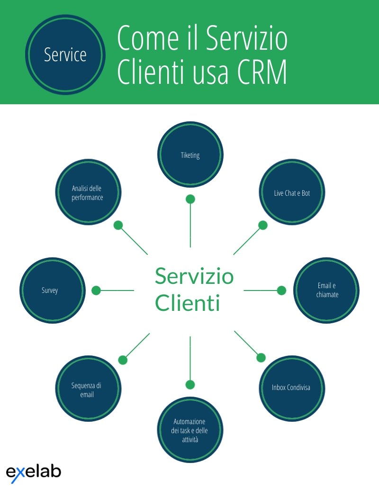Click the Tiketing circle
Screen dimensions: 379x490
pyautogui.click(x=190, y=154)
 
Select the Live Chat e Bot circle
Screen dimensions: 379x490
pyautogui.click(x=292, y=192)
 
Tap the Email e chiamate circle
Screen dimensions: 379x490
pyautogui.click(x=326, y=290)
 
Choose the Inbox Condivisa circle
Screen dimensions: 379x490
pyautogui.click(x=292, y=389)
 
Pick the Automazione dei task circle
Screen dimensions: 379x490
pyautogui.click(x=190, y=430)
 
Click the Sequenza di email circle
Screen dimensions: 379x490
pyautogui.click(x=89, y=389)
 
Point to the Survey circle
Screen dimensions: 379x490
pyautogui.click(x=53, y=290)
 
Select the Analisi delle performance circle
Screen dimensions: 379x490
pyautogui.click(x=89, y=192)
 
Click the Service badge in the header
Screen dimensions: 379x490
pyautogui.click(x=65, y=54)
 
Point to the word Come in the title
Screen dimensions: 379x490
pyautogui.click(x=148, y=38)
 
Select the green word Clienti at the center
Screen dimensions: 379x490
pyautogui.click(x=188, y=303)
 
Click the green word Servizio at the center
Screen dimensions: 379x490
pyautogui.click(x=194, y=276)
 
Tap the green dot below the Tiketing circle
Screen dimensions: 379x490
pyautogui.click(x=190, y=199)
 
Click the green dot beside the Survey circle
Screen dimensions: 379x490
pyautogui.click(x=96, y=290)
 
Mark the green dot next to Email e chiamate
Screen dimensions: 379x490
pyautogui.click(x=281, y=290)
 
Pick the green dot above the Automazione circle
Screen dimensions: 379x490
pyautogui.click(x=190, y=385)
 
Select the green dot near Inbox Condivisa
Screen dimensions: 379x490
pyautogui.click(x=261, y=358)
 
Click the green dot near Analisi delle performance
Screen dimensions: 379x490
pyautogui.click(x=118, y=225)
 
